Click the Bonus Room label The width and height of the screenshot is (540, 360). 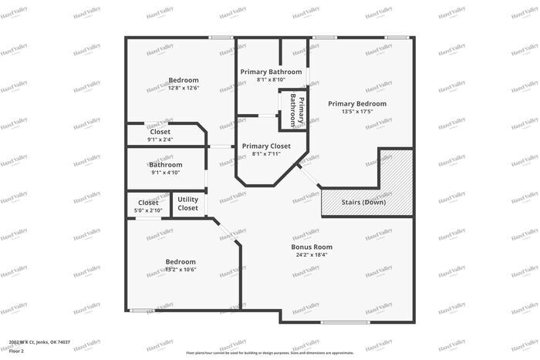pyautogui.click(x=311, y=247)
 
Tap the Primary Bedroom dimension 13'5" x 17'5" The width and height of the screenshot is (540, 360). pyautogui.click(x=356, y=112)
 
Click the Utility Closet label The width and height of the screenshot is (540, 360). pyautogui.click(x=187, y=204)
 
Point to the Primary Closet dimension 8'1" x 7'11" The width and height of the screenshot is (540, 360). pyautogui.click(x=266, y=153)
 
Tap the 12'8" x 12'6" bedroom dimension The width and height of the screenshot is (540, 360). pyautogui.click(x=184, y=88)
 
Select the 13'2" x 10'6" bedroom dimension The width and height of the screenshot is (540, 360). pyautogui.click(x=181, y=269)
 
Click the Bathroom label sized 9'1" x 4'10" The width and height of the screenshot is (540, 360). pyautogui.click(x=166, y=164)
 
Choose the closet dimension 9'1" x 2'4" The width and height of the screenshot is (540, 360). pyautogui.click(x=160, y=140)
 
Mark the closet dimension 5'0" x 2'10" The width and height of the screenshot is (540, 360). pyautogui.click(x=149, y=210)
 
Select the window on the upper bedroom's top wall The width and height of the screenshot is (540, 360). pyautogui.click(x=221, y=37)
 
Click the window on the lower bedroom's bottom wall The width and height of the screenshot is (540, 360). pyautogui.click(x=141, y=311)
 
